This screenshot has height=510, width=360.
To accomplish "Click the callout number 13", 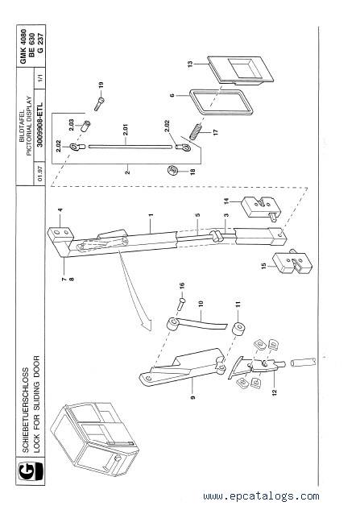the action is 191,64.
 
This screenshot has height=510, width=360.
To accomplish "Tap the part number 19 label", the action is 101,85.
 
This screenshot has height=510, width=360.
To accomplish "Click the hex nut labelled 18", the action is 172,170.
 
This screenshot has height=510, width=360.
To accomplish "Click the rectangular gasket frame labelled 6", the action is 221,102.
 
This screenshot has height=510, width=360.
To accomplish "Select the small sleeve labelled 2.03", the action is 86,126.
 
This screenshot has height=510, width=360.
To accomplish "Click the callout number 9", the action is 192,397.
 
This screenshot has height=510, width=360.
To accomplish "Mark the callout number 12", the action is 275,392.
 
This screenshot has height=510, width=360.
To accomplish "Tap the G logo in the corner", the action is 31,471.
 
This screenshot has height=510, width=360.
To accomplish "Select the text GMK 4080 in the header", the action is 23,47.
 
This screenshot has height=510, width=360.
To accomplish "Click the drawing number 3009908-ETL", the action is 39,125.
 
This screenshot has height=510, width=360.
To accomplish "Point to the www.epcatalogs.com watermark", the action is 261,496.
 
